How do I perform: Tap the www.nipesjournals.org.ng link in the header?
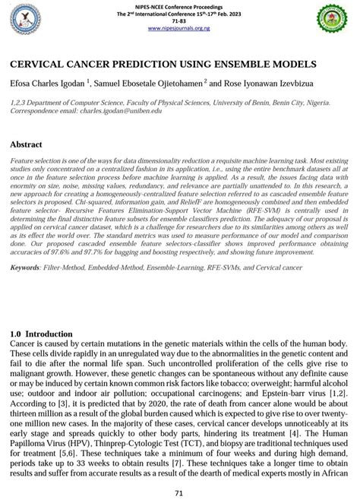click(x=178, y=28)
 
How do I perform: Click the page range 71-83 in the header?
click(x=179, y=21)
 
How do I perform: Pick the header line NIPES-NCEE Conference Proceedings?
click(x=179, y=7)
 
